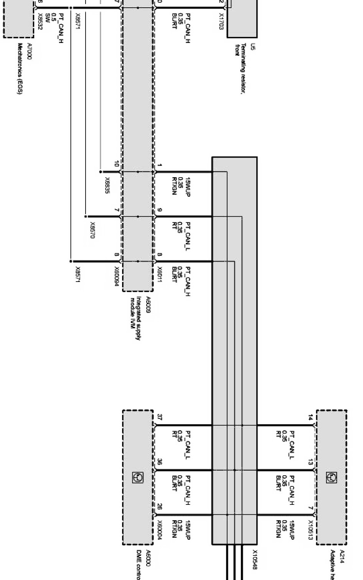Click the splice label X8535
(107, 185)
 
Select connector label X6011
(160, 275)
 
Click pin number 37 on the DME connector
(160, 417)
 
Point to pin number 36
(160, 462)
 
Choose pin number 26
(160, 507)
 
